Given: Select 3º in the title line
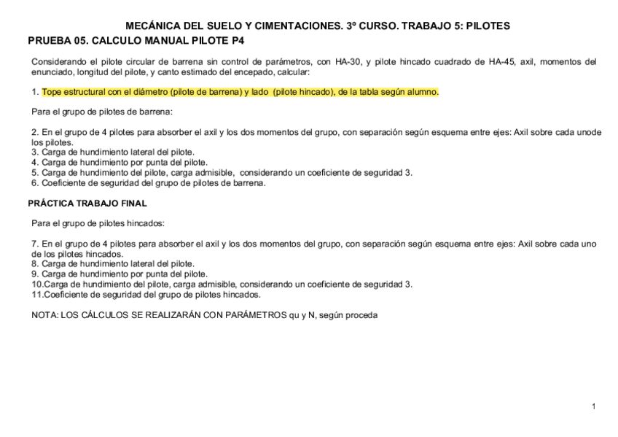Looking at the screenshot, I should (x=327, y=26).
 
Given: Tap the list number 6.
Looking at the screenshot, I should (x=34, y=183).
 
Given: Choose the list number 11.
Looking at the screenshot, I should (x=36, y=295).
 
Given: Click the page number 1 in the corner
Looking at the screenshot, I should (x=594, y=405).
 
